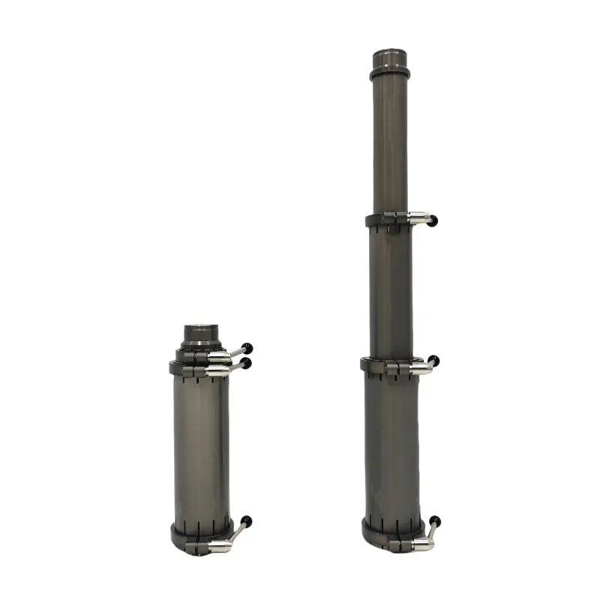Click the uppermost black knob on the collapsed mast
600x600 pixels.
(248, 348)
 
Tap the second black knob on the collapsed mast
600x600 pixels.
(247, 362)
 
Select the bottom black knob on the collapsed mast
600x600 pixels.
(247, 520)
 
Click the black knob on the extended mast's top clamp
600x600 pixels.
(434, 220)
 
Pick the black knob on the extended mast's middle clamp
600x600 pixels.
(434, 361)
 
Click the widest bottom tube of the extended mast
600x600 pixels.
(392, 442)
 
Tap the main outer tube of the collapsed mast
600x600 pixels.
(201, 450)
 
